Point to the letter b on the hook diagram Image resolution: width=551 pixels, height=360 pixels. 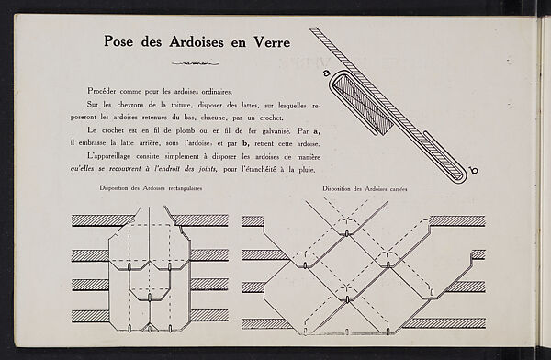pos(475,170)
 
